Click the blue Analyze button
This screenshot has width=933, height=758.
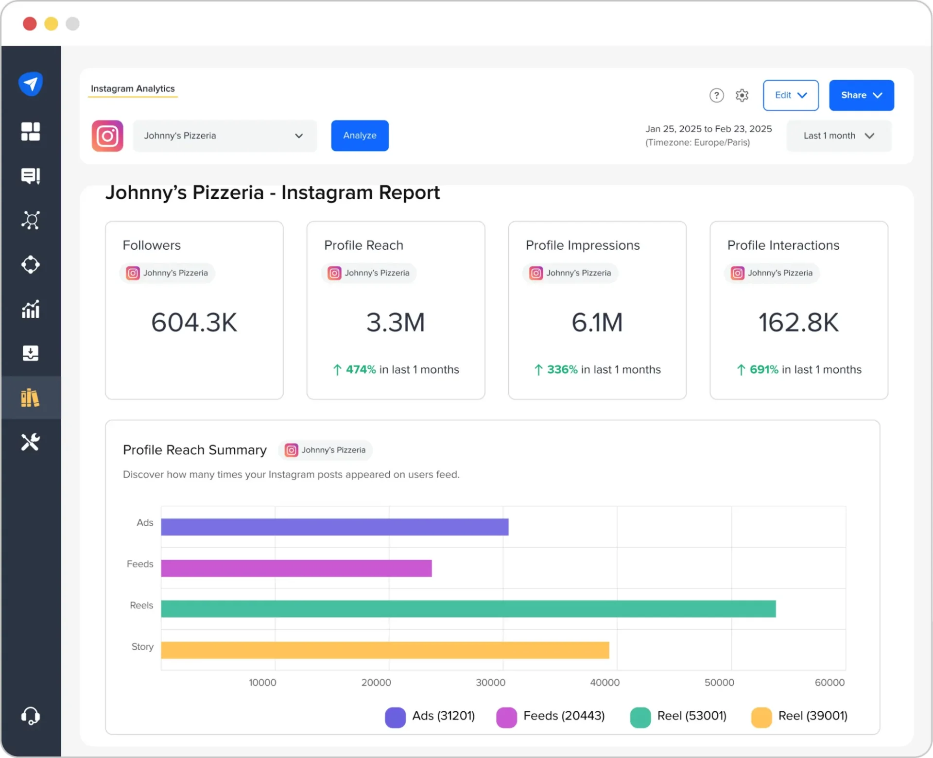click(360, 136)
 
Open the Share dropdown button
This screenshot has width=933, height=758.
click(861, 95)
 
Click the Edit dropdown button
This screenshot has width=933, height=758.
click(790, 95)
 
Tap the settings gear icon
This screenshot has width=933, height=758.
click(742, 95)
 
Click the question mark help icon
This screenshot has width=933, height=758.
click(716, 95)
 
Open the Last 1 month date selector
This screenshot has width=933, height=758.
click(839, 136)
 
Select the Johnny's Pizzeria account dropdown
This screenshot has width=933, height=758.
click(225, 136)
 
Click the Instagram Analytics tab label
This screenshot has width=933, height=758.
click(133, 88)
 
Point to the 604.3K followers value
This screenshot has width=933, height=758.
click(194, 322)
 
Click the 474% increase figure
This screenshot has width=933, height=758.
click(361, 370)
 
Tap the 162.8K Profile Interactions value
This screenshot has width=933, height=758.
click(798, 322)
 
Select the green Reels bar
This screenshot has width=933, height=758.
click(468, 609)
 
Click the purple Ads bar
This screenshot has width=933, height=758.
click(334, 527)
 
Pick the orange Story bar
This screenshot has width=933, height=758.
click(385, 650)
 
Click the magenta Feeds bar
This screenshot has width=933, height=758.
click(296, 568)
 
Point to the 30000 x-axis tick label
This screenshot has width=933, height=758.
click(490, 682)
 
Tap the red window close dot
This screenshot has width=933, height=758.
click(30, 24)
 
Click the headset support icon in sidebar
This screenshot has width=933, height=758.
click(30, 716)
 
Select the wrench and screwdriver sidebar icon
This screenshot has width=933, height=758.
click(30, 442)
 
